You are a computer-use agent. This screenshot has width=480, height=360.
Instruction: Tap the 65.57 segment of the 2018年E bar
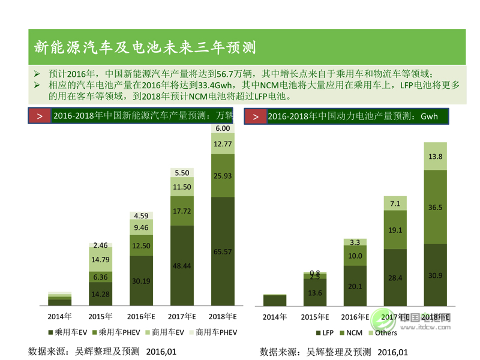click(x=223, y=252)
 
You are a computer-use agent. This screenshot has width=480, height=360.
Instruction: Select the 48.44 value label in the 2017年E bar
click(x=182, y=265)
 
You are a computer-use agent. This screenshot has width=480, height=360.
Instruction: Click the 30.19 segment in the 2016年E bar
click(x=142, y=280)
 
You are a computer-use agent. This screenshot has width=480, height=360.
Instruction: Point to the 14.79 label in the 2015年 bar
click(x=101, y=260)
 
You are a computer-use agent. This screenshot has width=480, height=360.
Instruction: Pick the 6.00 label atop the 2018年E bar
click(x=223, y=128)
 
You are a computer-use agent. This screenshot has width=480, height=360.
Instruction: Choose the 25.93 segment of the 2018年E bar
click(x=223, y=175)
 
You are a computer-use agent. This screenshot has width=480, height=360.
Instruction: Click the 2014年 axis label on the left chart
click(x=60, y=316)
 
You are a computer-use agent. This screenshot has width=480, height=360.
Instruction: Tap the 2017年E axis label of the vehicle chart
click(x=182, y=316)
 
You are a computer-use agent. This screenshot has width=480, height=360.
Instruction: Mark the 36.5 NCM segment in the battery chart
click(x=436, y=207)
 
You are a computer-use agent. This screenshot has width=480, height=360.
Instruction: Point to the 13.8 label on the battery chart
click(x=436, y=157)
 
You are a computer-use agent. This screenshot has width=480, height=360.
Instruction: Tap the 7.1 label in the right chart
click(x=395, y=204)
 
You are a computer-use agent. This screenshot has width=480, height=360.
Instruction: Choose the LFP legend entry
click(x=324, y=332)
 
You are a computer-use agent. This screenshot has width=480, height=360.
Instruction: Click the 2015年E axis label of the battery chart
click(x=315, y=316)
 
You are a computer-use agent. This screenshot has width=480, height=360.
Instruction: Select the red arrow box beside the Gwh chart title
click(x=256, y=116)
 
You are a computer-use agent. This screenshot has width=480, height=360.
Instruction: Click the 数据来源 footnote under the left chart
click(x=102, y=351)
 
